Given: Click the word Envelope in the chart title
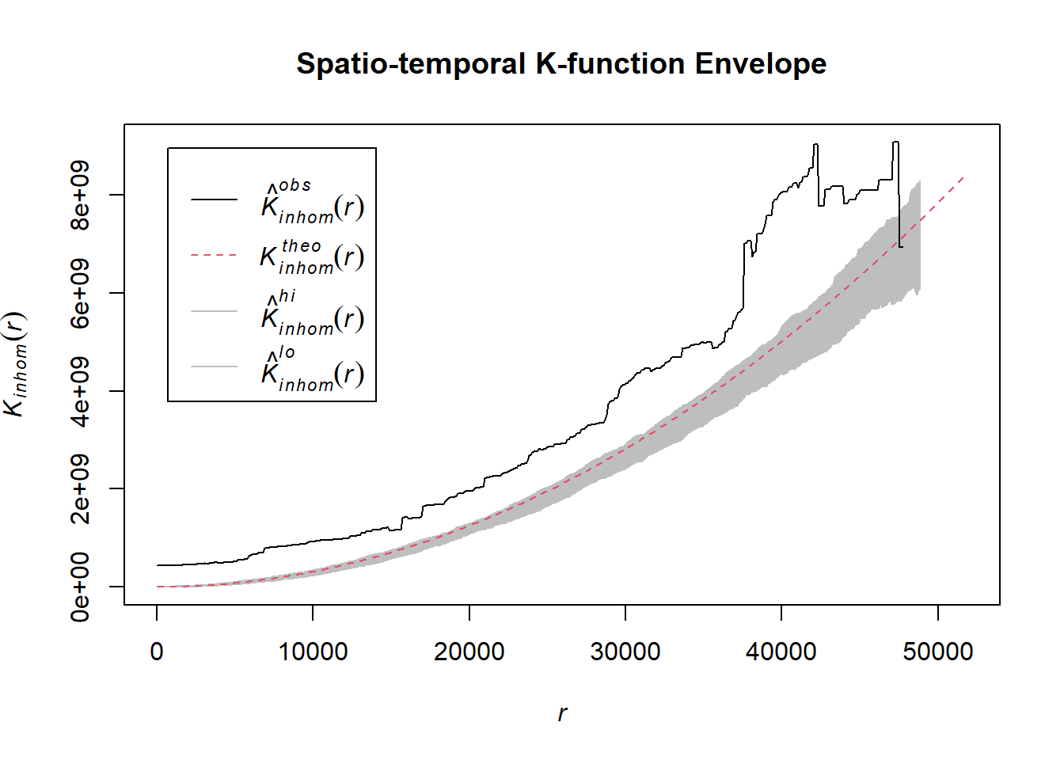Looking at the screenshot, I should (760, 63).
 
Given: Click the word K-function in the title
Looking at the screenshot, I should (610, 63).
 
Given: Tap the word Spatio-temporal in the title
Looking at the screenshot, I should (411, 63).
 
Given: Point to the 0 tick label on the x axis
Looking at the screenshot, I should (157, 652).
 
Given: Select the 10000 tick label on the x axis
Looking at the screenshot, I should (313, 652).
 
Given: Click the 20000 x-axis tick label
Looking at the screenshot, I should (469, 652).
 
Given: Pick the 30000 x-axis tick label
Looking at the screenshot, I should (625, 652).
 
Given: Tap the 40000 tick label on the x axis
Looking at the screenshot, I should (781, 652).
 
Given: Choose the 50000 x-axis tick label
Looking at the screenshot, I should (937, 652).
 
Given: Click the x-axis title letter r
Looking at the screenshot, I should (562, 713).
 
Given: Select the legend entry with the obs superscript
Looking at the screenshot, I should (312, 202).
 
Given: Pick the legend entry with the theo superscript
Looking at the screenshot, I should (312, 256).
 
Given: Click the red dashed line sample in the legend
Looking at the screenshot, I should (214, 256).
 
